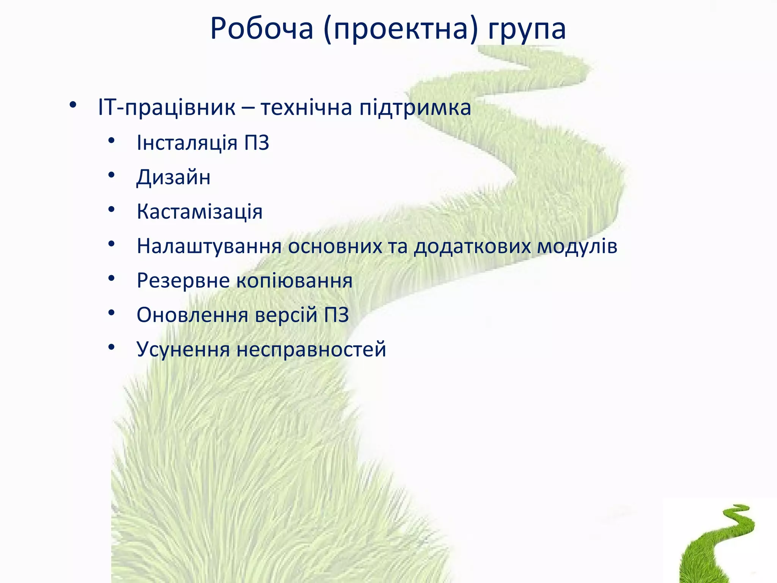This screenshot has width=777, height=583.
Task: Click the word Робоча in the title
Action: (262, 29)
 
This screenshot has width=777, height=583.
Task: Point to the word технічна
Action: (307, 107)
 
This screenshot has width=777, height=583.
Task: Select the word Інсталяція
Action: (187, 143)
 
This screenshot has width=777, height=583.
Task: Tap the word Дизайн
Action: (173, 177)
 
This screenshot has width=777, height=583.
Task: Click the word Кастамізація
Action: (200, 212)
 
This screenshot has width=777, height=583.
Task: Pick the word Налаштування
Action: (209, 246)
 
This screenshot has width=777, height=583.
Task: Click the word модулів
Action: (577, 246)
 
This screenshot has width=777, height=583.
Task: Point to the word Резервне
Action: (183, 281)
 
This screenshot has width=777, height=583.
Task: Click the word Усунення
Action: (183, 350)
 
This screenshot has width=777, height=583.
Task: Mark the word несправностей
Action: (311, 350)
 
